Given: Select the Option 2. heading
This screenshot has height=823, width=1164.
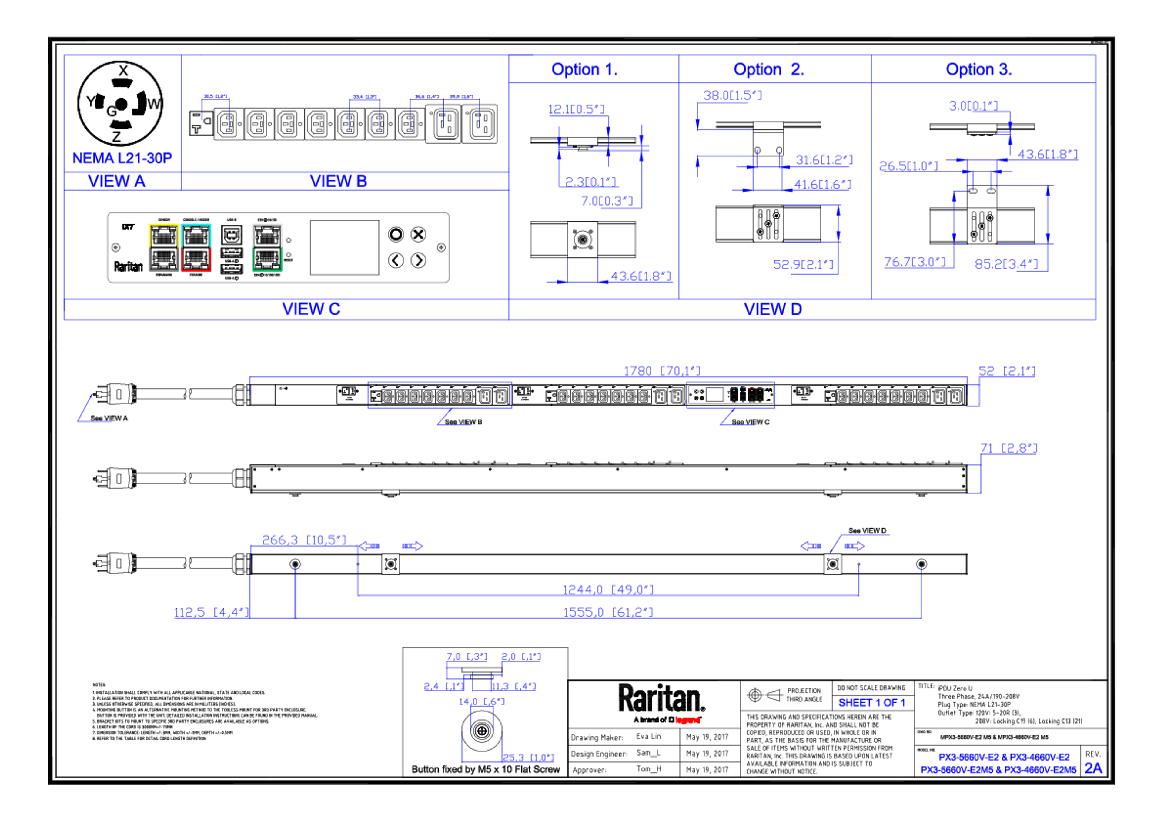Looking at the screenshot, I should pyautogui.click(x=768, y=69).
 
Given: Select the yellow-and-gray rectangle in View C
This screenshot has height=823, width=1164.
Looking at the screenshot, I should pyautogui.click(x=163, y=247).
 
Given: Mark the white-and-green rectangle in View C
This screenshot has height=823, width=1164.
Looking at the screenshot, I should pyautogui.click(x=267, y=247).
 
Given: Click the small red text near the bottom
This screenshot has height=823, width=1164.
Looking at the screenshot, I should pyautogui.click(x=687, y=720).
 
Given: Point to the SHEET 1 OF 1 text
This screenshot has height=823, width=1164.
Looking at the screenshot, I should pyautogui.click(x=871, y=703).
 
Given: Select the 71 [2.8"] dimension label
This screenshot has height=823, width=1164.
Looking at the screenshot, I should pyautogui.click(x=1008, y=448).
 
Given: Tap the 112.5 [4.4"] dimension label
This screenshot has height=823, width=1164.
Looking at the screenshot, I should pyautogui.click(x=211, y=611).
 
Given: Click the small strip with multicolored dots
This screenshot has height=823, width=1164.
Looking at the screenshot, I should pyautogui.click(x=731, y=394).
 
